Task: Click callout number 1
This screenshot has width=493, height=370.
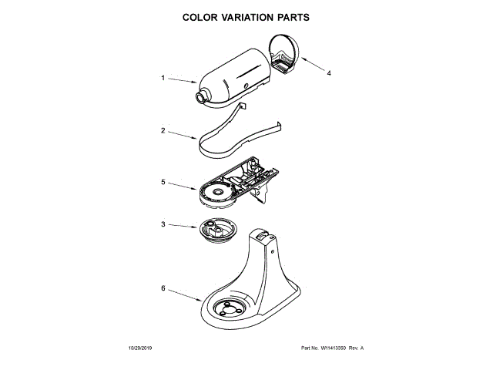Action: pyautogui.click(x=163, y=77)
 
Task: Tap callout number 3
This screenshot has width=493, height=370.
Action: pyautogui.click(x=163, y=224)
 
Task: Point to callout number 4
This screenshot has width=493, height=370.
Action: pyautogui.click(x=329, y=74)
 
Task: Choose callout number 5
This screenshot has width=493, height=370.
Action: pyautogui.click(x=163, y=183)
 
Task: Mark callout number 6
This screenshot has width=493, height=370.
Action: pyautogui.click(x=163, y=288)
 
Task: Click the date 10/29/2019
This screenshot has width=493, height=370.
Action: pyautogui.click(x=132, y=348)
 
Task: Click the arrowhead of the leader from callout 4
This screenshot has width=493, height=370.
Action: pyautogui.click(x=297, y=60)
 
